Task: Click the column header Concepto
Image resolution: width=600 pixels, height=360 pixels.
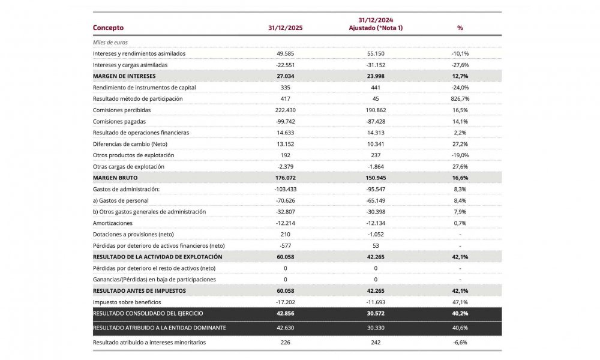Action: [108, 28]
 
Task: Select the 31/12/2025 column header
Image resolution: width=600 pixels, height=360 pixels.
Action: [285, 28]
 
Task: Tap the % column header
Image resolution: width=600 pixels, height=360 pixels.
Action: [460, 28]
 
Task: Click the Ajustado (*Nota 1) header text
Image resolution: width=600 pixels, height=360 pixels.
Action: [375, 28]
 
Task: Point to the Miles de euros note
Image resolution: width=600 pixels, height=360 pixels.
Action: [110, 43]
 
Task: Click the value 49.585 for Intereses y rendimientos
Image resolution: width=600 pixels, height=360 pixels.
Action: [285, 53]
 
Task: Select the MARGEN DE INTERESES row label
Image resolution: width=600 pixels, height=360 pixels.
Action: [124, 76]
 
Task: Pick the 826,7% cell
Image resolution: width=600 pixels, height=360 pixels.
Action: [460, 98]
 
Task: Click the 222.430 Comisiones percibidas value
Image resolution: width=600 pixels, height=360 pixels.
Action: [285, 110]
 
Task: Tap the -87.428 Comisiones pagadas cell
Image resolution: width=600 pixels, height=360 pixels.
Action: [375, 121]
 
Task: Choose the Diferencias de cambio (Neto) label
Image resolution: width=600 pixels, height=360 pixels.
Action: [130, 144]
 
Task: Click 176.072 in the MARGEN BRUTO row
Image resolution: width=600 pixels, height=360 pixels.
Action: [285, 178]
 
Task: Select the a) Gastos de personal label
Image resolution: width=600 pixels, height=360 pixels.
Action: [121, 200]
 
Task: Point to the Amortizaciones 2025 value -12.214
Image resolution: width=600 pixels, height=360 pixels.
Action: [285, 223]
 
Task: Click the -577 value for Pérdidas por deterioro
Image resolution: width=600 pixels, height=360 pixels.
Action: [285, 245]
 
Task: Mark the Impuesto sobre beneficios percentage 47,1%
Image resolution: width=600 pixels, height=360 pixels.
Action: [460, 302]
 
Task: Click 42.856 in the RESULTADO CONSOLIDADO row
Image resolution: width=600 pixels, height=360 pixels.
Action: [285, 313]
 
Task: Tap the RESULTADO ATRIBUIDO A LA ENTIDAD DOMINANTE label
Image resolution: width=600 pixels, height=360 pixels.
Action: [159, 327]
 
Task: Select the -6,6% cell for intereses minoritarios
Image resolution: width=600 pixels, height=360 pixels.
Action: [460, 342]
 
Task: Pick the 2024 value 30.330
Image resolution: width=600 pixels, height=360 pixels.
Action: [375, 327]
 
